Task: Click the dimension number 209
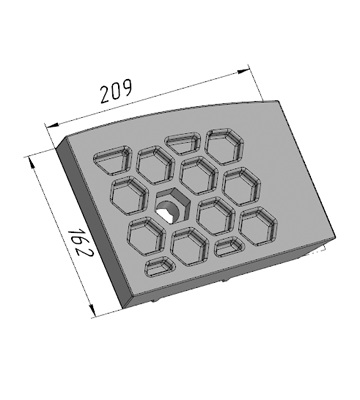click(x=116, y=91)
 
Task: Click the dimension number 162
click(x=80, y=242)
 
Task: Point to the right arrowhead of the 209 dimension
click(x=243, y=71)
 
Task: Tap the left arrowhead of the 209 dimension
click(x=52, y=125)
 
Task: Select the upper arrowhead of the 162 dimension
click(x=32, y=164)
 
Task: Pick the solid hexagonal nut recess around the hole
click(x=173, y=205)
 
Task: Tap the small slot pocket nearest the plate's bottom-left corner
click(x=160, y=267)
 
